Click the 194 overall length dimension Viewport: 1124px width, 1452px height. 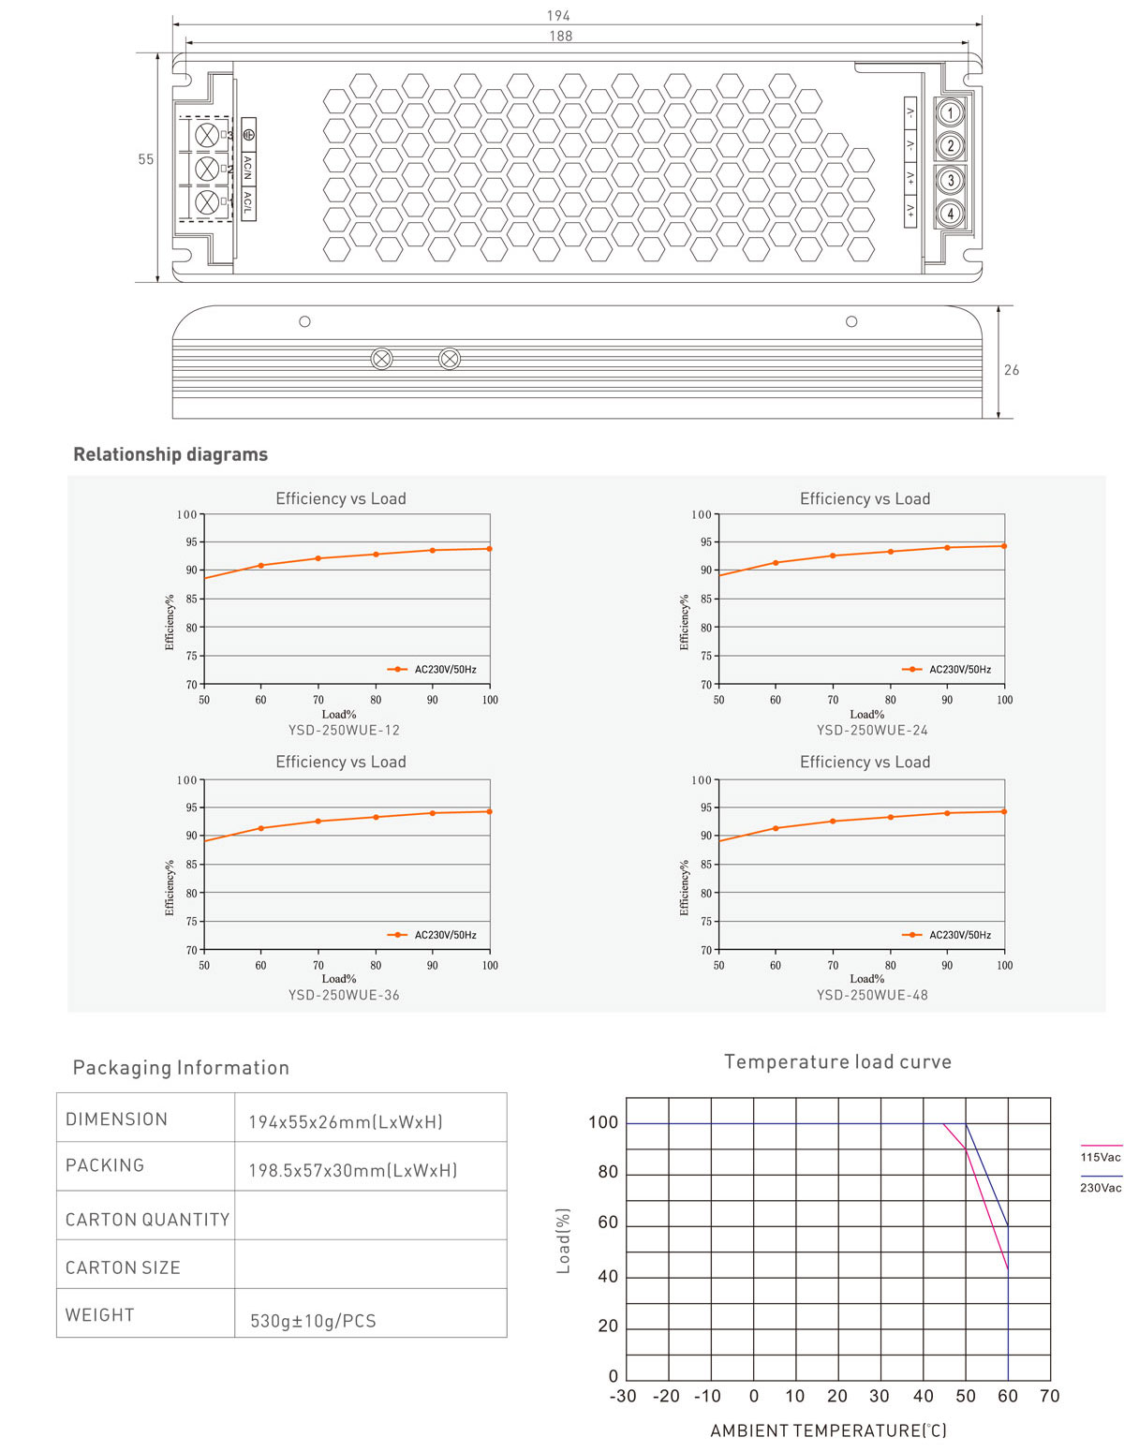[558, 16]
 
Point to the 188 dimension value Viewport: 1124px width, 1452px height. [560, 36]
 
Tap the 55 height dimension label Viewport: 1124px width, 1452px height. [146, 159]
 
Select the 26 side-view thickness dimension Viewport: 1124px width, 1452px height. [1012, 370]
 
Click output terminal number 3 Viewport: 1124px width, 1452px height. [950, 180]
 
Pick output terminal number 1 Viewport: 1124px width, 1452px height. [950, 113]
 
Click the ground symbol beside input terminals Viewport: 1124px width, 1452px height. [248, 134]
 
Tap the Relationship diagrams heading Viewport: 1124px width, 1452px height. [170, 454]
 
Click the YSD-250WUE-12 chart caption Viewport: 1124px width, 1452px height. [344, 730]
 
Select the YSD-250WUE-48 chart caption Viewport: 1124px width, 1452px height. [872, 995]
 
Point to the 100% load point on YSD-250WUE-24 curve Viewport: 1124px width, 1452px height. [1004, 545]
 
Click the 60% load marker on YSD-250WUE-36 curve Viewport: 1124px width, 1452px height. [261, 828]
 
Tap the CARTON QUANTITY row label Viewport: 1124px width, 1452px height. [147, 1219]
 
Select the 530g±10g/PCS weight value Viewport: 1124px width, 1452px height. [313, 1321]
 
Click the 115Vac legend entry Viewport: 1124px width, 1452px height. [1100, 1157]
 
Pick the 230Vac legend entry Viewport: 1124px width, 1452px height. [1100, 1187]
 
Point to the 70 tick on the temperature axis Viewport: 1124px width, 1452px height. [1049, 1396]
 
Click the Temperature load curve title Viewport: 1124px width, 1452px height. [837, 1061]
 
